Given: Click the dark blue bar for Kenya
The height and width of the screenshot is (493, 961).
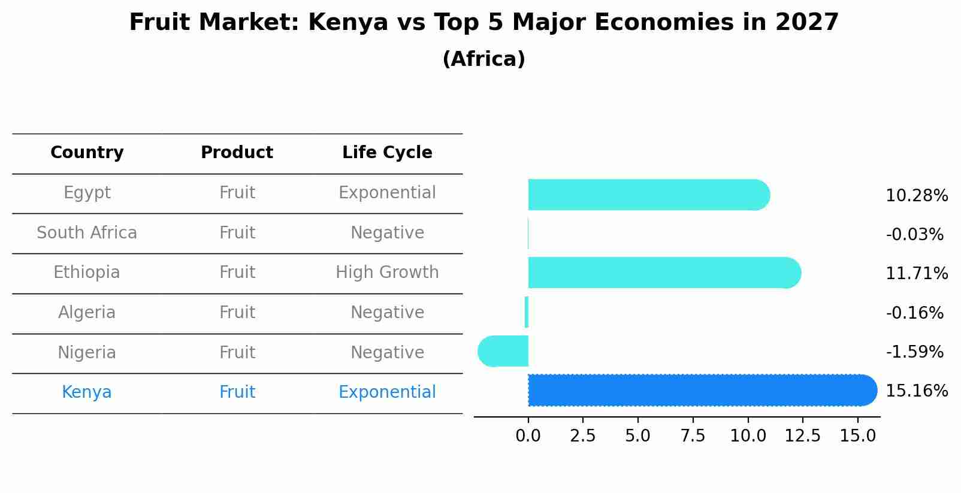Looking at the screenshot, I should point(701,391).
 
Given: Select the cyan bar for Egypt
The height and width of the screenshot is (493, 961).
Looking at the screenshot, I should point(647,195).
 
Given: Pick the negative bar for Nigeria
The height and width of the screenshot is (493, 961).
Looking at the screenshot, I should point(503,352).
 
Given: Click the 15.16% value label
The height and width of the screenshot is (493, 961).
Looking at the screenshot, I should point(916,391).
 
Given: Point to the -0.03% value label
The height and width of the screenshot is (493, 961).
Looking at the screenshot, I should point(914,235).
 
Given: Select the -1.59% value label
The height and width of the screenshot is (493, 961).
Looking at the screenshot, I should point(914,352).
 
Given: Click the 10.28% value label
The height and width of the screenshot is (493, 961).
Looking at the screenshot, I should point(916,196).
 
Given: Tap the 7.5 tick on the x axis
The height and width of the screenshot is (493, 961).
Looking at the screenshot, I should point(693,436).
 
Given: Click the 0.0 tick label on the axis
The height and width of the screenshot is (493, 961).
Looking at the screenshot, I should point(528,436).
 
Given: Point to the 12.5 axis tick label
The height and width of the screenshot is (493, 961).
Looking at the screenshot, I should point(802,436).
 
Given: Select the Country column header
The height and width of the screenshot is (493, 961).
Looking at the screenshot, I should point(87,153).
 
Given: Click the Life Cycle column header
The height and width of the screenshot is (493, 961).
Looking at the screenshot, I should point(387,153).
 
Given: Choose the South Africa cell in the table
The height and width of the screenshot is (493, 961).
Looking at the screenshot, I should point(87,233).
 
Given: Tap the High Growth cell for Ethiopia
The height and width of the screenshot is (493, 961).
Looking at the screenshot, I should point(387,273).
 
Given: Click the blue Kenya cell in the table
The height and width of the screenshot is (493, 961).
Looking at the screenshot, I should point(87,392).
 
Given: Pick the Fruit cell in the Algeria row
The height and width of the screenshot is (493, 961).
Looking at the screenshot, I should point(237,313).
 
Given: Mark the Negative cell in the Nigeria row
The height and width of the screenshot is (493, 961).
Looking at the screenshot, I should point(387,353).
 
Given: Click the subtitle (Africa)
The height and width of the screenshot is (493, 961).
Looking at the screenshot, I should point(483,59).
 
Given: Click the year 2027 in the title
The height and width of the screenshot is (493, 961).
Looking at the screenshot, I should point(806,23).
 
